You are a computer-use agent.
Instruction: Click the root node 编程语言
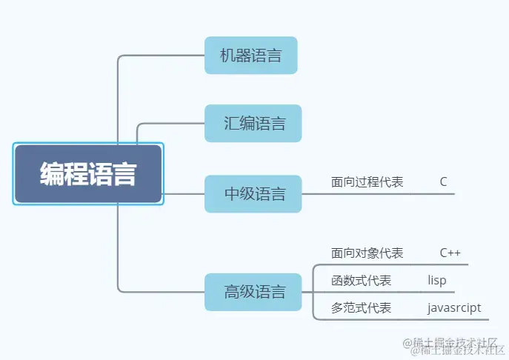point(88,175)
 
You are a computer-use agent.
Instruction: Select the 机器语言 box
point(250,56)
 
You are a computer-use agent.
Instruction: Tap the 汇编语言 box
point(253,123)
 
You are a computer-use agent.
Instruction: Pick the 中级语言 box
point(253,194)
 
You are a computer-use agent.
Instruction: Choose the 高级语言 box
point(253,292)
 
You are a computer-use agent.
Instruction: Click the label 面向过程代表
point(367,181)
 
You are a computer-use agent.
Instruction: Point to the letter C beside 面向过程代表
point(443,181)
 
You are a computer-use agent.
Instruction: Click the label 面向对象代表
point(367,253)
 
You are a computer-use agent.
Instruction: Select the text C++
point(450,253)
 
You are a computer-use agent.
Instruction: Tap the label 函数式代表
point(362,281)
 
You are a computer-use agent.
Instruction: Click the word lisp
point(437,281)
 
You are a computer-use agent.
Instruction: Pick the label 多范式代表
point(362,307)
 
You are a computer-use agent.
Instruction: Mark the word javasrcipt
point(454,307)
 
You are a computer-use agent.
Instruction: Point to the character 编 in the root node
point(52,175)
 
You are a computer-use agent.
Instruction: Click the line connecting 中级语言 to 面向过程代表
point(315,194)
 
